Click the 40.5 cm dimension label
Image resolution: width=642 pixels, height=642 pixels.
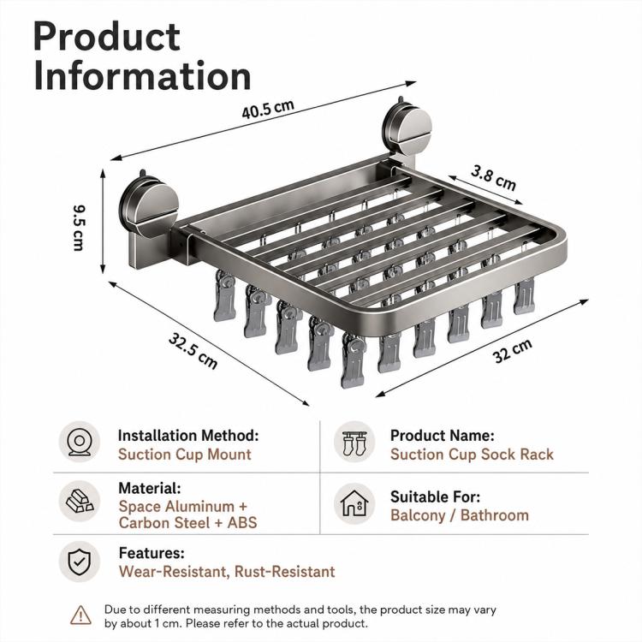click(268, 109)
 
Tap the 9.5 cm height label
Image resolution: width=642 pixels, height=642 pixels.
click(78, 228)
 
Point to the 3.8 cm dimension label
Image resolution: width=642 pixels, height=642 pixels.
click(493, 178)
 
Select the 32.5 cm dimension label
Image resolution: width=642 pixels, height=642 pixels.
click(193, 351)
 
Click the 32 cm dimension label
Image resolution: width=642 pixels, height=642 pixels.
click(512, 351)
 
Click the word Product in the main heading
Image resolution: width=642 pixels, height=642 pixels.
click(106, 37)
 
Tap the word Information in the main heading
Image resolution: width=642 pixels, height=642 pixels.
click(142, 75)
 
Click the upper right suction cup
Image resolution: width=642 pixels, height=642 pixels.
click(407, 125)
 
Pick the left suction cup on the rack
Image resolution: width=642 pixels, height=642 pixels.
click(149, 205)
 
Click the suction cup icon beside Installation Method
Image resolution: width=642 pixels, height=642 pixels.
click(80, 442)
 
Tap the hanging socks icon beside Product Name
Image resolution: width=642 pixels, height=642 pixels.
click(354, 443)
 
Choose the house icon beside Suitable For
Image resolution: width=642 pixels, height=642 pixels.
click(354, 503)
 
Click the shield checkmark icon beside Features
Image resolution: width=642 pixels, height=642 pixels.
click(80, 562)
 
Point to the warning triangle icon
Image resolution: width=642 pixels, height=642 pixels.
click(80, 615)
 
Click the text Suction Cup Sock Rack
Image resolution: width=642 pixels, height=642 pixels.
click(472, 455)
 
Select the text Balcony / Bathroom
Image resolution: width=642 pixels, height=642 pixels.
click(460, 515)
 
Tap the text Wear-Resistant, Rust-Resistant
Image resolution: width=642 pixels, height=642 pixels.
click(227, 571)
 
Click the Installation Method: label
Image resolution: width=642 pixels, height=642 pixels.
click(188, 435)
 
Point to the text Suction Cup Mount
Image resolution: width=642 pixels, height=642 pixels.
click(185, 455)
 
